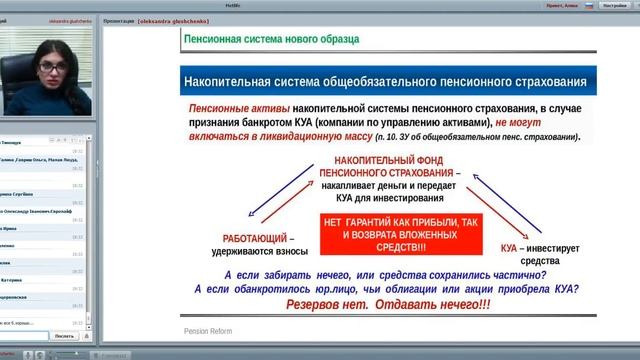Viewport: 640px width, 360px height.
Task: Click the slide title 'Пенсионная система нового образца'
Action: click(x=272, y=39)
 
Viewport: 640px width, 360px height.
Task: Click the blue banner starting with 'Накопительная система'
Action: click(x=384, y=81)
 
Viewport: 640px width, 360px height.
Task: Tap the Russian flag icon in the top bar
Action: click(x=589, y=5)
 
